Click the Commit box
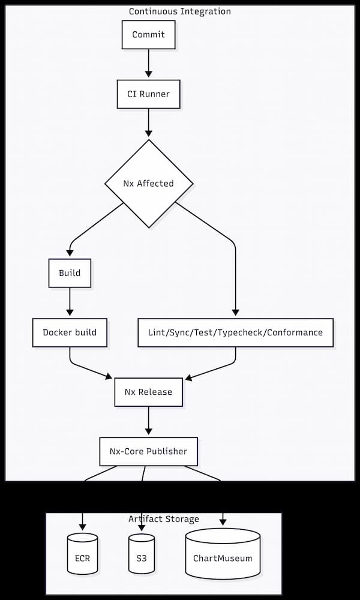(x=148, y=35)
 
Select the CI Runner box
(x=148, y=94)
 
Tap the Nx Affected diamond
(x=149, y=184)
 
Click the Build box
(x=70, y=273)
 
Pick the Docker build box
(x=70, y=332)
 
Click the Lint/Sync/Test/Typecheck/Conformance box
(x=235, y=332)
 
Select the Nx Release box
(x=148, y=392)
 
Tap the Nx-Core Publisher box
(x=148, y=451)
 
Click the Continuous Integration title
(x=180, y=11)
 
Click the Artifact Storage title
(x=164, y=519)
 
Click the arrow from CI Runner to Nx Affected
(x=148, y=124)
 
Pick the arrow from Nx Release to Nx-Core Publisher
(x=148, y=421)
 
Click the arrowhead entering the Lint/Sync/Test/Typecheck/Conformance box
(x=235, y=313)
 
